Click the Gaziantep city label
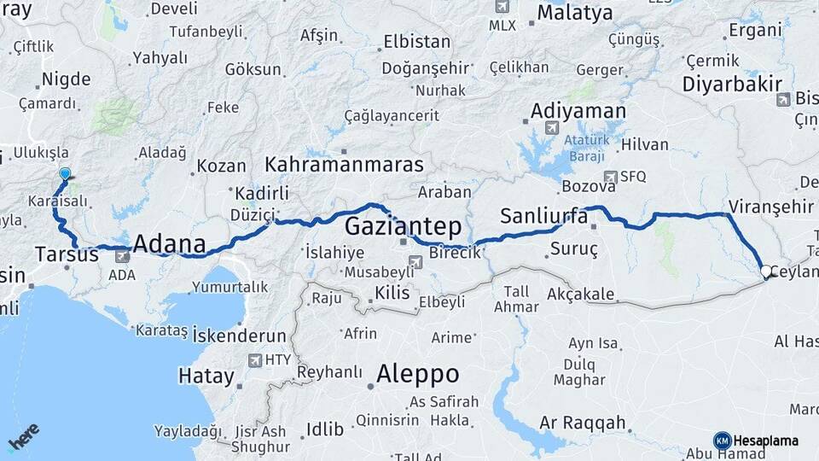403,226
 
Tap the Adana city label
170,241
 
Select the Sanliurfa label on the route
543,215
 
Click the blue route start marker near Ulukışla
65,174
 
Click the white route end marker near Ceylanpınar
765,272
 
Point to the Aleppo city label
417,374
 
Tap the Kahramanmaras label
344,164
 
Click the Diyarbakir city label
732,84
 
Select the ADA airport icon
122,255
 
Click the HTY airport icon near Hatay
254,360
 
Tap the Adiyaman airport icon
551,128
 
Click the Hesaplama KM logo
722,441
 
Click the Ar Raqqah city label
583,423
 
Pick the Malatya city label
574,13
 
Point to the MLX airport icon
502,7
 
